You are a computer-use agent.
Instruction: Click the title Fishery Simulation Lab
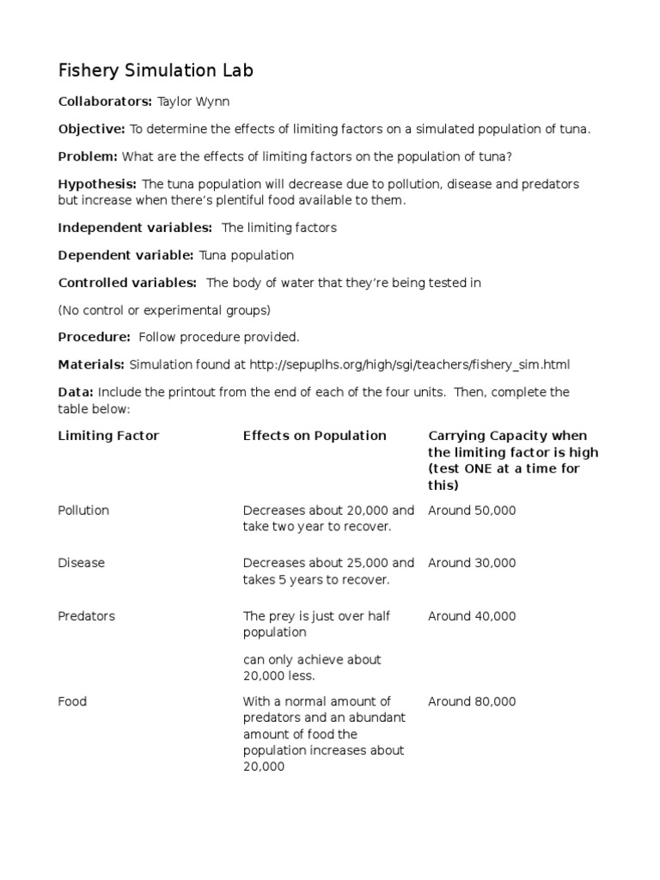coord(156,70)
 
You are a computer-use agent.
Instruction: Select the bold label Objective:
coord(91,129)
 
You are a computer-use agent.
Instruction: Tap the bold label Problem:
coord(88,156)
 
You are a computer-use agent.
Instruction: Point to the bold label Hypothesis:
coord(97,184)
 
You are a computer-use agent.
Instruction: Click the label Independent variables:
coord(135,228)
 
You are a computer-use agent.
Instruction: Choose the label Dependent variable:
coord(125,255)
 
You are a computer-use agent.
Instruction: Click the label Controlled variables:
coord(127,283)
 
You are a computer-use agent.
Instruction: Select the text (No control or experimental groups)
coord(164,310)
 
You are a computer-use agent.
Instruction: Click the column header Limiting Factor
coord(108,436)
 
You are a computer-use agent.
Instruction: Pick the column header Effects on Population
coord(315,436)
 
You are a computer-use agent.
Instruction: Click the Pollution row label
coord(83,510)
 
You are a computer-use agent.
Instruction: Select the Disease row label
coord(81,563)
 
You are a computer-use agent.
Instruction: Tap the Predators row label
coord(86,616)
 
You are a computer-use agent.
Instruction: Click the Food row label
coord(72,701)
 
